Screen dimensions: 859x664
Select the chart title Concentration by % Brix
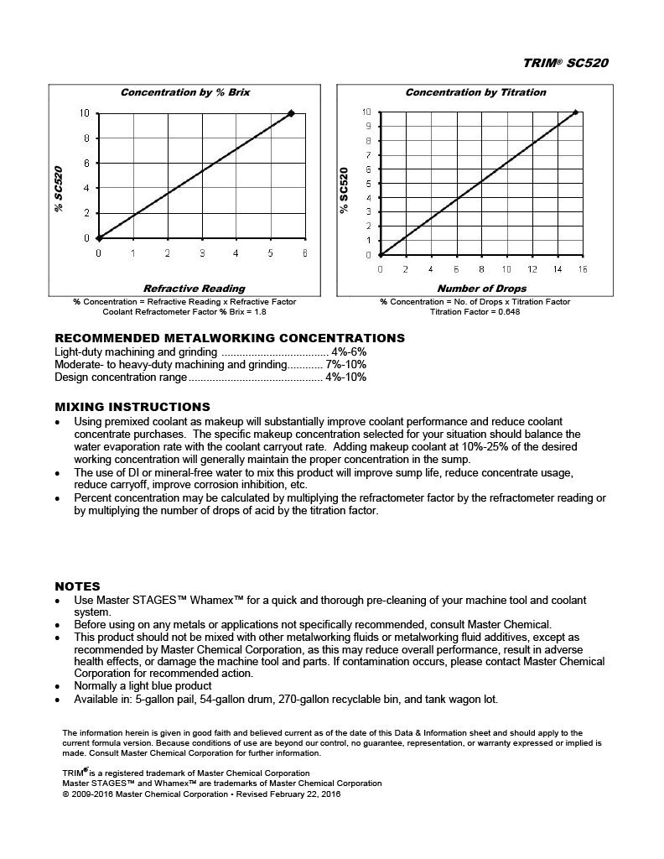[x=185, y=91]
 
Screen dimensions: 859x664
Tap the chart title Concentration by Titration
[x=475, y=92]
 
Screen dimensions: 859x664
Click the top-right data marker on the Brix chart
[x=291, y=113]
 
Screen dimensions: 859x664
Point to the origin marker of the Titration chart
[x=380, y=254]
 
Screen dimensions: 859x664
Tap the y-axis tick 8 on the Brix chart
[x=86, y=138]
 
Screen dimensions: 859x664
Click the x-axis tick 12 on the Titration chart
[x=532, y=269]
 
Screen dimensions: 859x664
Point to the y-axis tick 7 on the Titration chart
[x=366, y=155]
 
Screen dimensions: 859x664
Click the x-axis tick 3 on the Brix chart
[x=201, y=252]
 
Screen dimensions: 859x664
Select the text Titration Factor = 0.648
[x=475, y=311]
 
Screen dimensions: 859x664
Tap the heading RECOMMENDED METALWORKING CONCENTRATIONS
[x=229, y=338]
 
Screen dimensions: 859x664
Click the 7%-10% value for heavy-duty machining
[x=351, y=365]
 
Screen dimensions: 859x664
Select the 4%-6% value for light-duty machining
[x=349, y=352]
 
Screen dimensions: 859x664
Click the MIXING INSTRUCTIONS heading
[x=132, y=407]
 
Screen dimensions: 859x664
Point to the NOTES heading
[x=77, y=586]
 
